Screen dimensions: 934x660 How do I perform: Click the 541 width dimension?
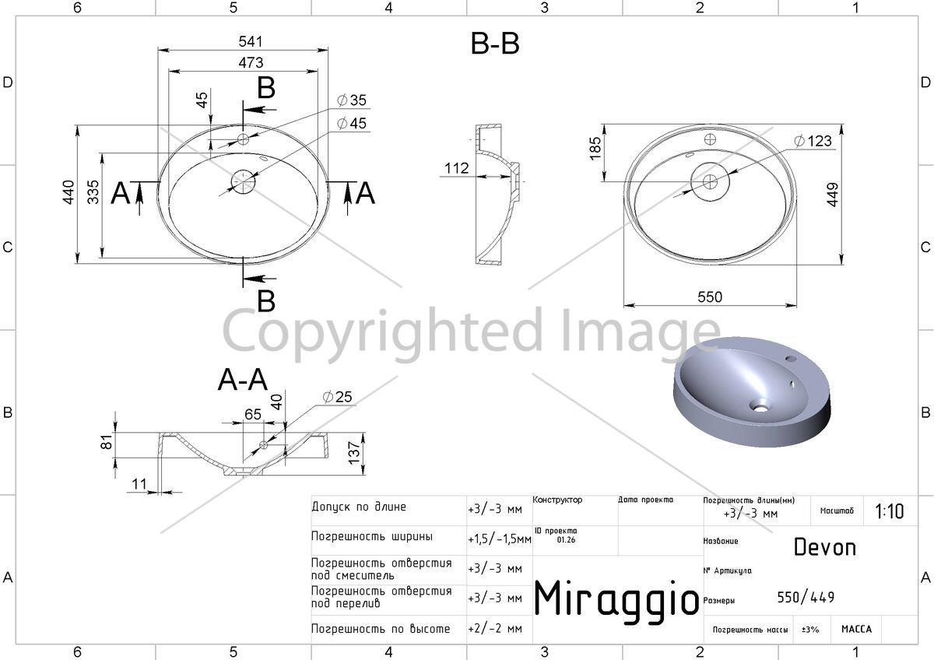pyautogui.click(x=251, y=41)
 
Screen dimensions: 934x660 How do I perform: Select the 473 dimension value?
pyautogui.click(x=251, y=62)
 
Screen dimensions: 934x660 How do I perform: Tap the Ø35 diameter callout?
pyautogui.click(x=352, y=100)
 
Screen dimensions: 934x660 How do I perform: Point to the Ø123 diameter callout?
pyautogui.click(x=813, y=141)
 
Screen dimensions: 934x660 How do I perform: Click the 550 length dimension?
pyautogui.click(x=710, y=297)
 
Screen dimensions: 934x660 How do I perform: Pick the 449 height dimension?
pyautogui.click(x=832, y=195)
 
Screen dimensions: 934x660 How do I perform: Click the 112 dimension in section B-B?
pyautogui.click(x=457, y=168)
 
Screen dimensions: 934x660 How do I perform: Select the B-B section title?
pyautogui.click(x=495, y=44)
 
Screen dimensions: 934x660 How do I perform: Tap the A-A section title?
pyautogui.click(x=243, y=379)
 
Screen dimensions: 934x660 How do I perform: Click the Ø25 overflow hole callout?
pyautogui.click(x=337, y=396)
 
